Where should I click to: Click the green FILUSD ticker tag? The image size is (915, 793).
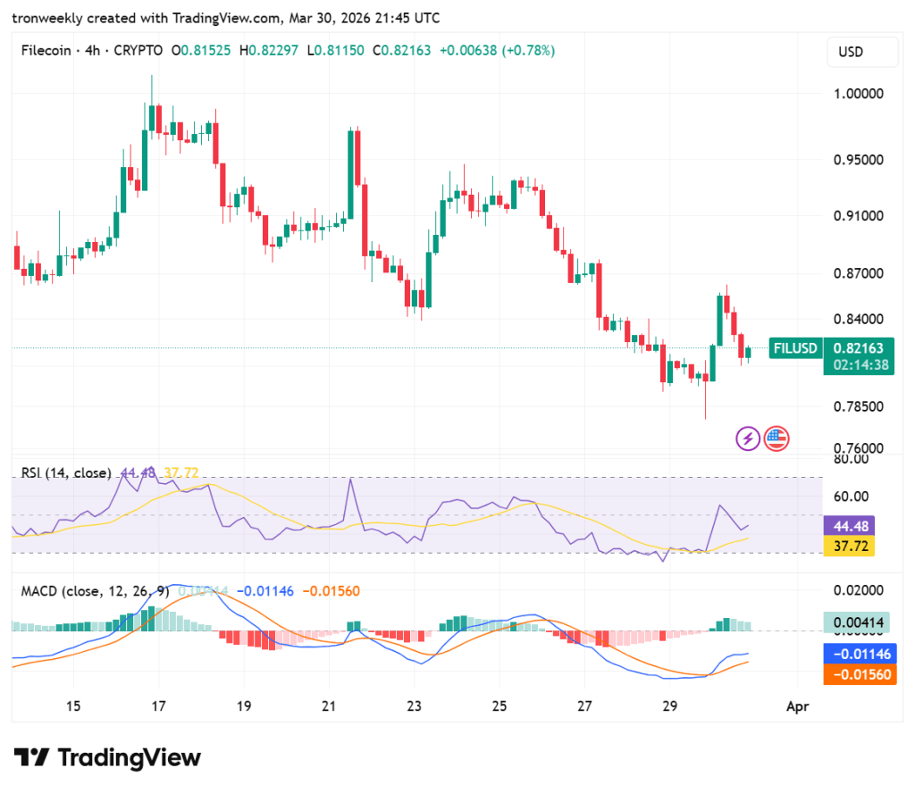[795, 348]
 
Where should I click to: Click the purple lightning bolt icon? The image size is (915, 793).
[747, 438]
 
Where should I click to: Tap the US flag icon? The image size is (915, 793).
[776, 438]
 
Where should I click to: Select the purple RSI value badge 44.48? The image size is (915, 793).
[848, 526]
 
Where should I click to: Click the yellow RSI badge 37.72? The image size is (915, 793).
[848, 546]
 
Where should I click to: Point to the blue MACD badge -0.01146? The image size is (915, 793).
[858, 655]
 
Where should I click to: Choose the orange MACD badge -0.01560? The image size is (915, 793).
[858, 674]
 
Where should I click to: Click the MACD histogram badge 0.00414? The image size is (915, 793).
[858, 622]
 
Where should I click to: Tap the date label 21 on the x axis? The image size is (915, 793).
[329, 706]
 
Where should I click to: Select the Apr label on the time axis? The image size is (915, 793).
[797, 706]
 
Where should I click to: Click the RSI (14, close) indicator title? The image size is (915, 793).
[66, 472]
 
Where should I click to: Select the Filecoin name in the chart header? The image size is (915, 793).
[47, 51]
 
